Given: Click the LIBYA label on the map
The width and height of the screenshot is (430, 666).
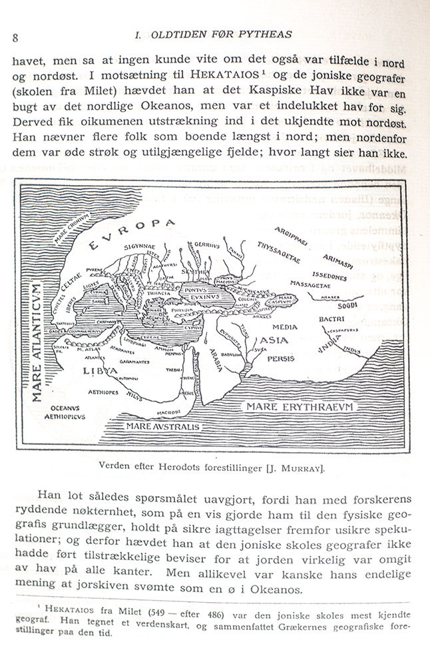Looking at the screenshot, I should coord(95,369).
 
